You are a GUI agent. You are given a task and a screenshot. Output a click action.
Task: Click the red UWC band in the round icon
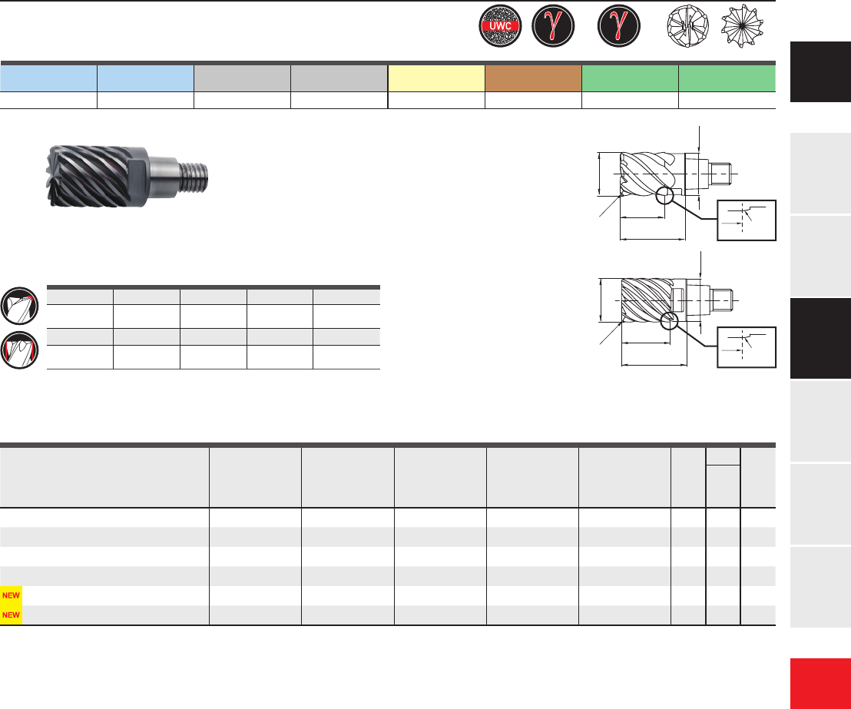point(500,25)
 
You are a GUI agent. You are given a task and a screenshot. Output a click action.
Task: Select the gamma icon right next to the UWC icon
point(553,26)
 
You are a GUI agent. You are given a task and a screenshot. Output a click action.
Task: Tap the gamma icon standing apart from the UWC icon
point(619,26)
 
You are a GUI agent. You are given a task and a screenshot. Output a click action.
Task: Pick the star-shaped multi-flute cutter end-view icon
point(742,25)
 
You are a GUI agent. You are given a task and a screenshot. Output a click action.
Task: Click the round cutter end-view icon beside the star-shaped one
point(687,26)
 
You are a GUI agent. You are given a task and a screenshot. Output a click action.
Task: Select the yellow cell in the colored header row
point(436,78)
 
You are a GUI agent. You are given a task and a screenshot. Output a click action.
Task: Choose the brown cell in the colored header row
point(534,78)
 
